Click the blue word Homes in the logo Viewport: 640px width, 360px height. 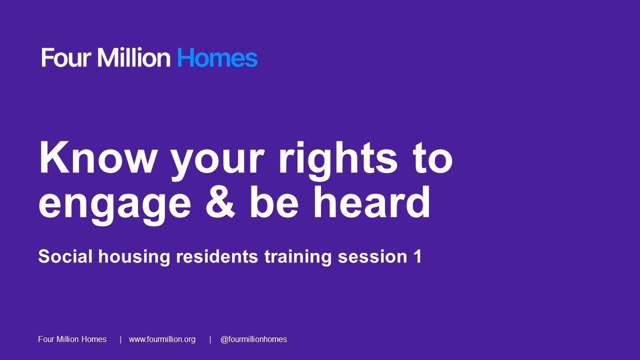(217, 57)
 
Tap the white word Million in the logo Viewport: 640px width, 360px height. (133, 57)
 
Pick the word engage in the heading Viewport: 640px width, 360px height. (115, 205)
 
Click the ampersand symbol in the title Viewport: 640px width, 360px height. (220, 201)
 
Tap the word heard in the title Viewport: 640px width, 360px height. (371, 201)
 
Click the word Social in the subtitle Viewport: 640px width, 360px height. (65, 256)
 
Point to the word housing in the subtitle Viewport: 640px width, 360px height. (134, 257)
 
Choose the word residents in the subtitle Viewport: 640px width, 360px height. (217, 256)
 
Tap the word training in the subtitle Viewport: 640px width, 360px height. (298, 257)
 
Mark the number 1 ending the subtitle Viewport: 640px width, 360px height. (417, 256)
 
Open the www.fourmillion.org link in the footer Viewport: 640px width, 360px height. (162, 339)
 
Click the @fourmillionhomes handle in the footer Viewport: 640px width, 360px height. (253, 339)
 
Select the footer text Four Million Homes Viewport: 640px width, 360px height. (72, 339)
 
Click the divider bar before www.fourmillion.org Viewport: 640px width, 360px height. (120, 339)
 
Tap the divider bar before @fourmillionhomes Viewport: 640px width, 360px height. (210, 339)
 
